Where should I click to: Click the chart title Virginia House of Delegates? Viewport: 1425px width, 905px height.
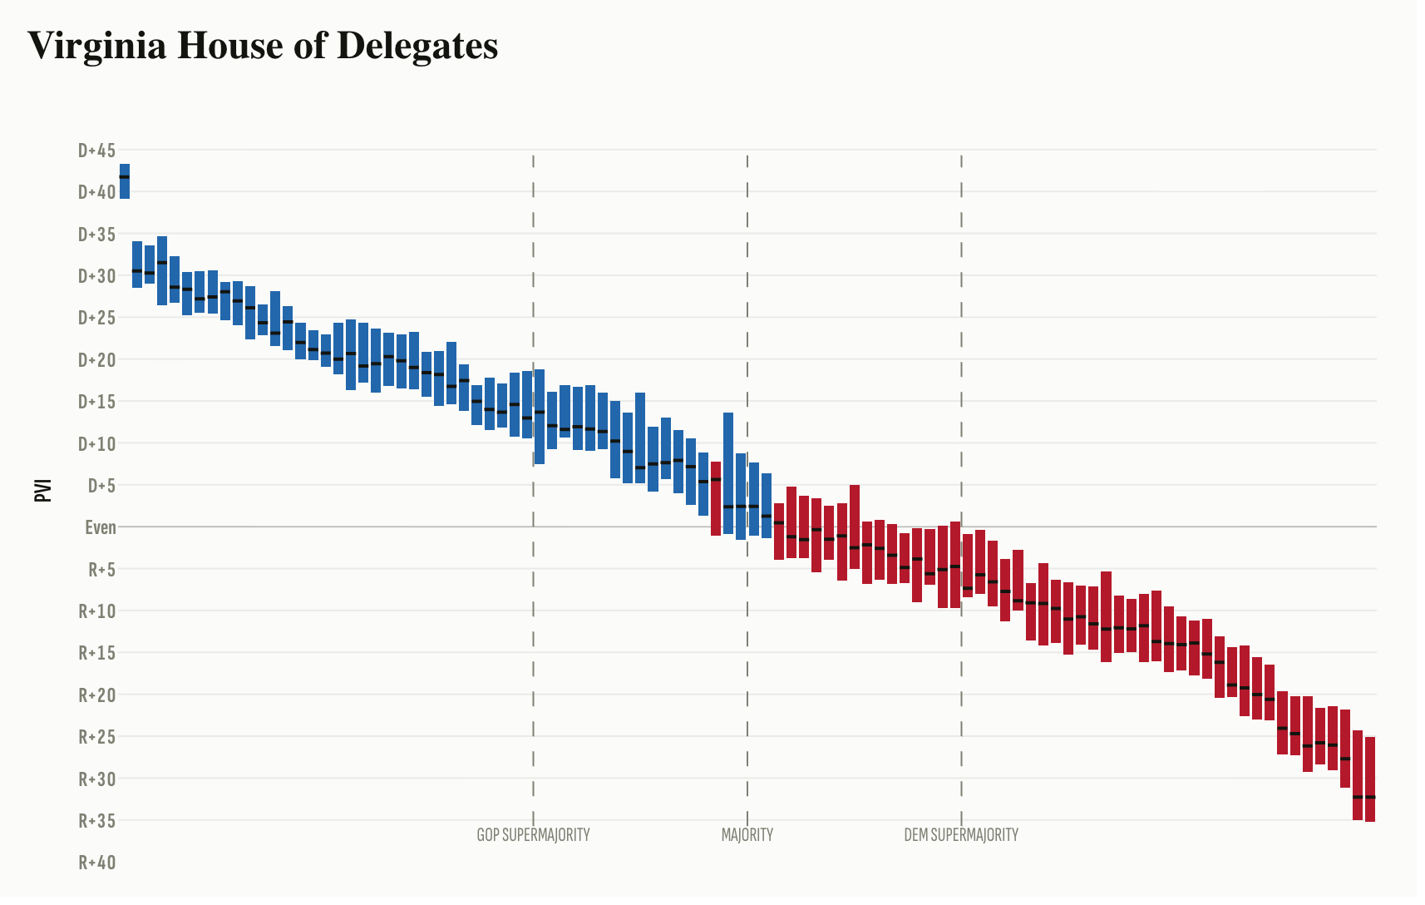click(263, 45)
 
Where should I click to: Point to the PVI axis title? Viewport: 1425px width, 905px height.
click(43, 490)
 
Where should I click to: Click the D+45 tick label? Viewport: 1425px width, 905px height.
click(96, 151)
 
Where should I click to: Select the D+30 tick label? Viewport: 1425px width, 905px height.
click(96, 276)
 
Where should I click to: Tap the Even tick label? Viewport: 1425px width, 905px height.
click(101, 527)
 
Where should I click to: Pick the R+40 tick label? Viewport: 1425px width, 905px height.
click(97, 863)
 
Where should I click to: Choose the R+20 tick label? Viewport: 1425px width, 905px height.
click(97, 695)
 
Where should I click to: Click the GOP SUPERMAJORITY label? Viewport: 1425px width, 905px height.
click(533, 835)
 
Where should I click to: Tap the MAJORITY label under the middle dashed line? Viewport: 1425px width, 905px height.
click(747, 835)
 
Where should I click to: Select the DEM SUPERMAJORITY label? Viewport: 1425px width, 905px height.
click(961, 835)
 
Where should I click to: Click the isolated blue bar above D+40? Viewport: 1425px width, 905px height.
click(125, 181)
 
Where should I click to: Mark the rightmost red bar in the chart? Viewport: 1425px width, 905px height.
click(1370, 779)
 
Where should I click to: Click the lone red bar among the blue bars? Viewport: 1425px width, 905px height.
click(716, 498)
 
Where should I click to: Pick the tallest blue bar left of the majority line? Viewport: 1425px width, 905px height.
click(728, 472)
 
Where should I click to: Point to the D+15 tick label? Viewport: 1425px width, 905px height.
click(96, 402)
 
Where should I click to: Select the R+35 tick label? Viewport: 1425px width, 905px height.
click(97, 821)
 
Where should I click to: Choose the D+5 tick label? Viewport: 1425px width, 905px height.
click(101, 486)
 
